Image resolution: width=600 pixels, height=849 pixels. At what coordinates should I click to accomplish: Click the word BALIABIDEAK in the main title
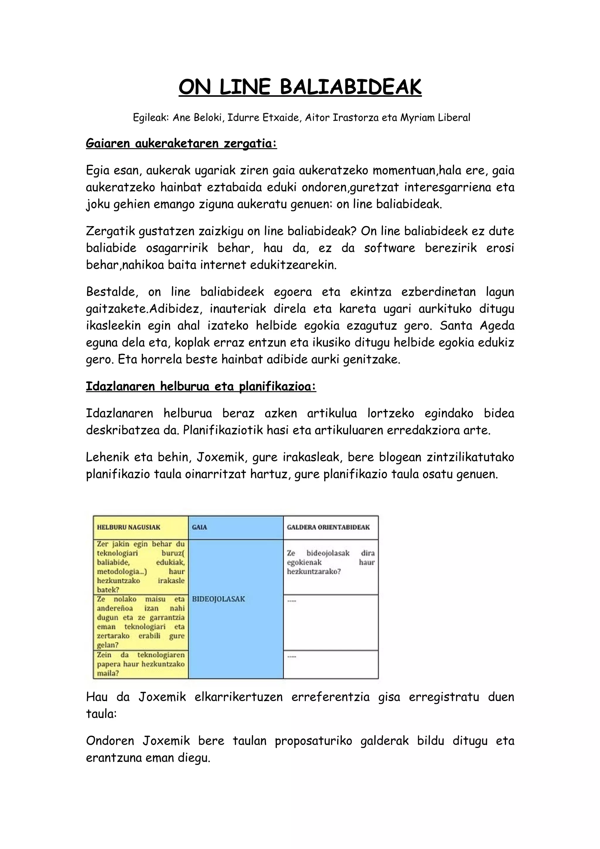tap(350, 87)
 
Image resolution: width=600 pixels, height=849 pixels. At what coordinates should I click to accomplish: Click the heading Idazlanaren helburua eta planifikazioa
tap(201, 386)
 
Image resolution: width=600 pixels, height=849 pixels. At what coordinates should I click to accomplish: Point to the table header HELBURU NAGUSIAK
tap(129, 527)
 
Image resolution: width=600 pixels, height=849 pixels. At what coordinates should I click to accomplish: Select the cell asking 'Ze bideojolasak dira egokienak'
tap(330, 562)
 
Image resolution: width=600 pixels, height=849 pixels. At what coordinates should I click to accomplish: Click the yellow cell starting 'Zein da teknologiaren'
tap(141, 664)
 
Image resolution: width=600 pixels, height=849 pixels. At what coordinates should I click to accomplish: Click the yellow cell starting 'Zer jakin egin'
tap(141, 567)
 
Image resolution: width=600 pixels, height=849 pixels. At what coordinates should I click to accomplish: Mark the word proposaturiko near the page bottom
tap(313, 741)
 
